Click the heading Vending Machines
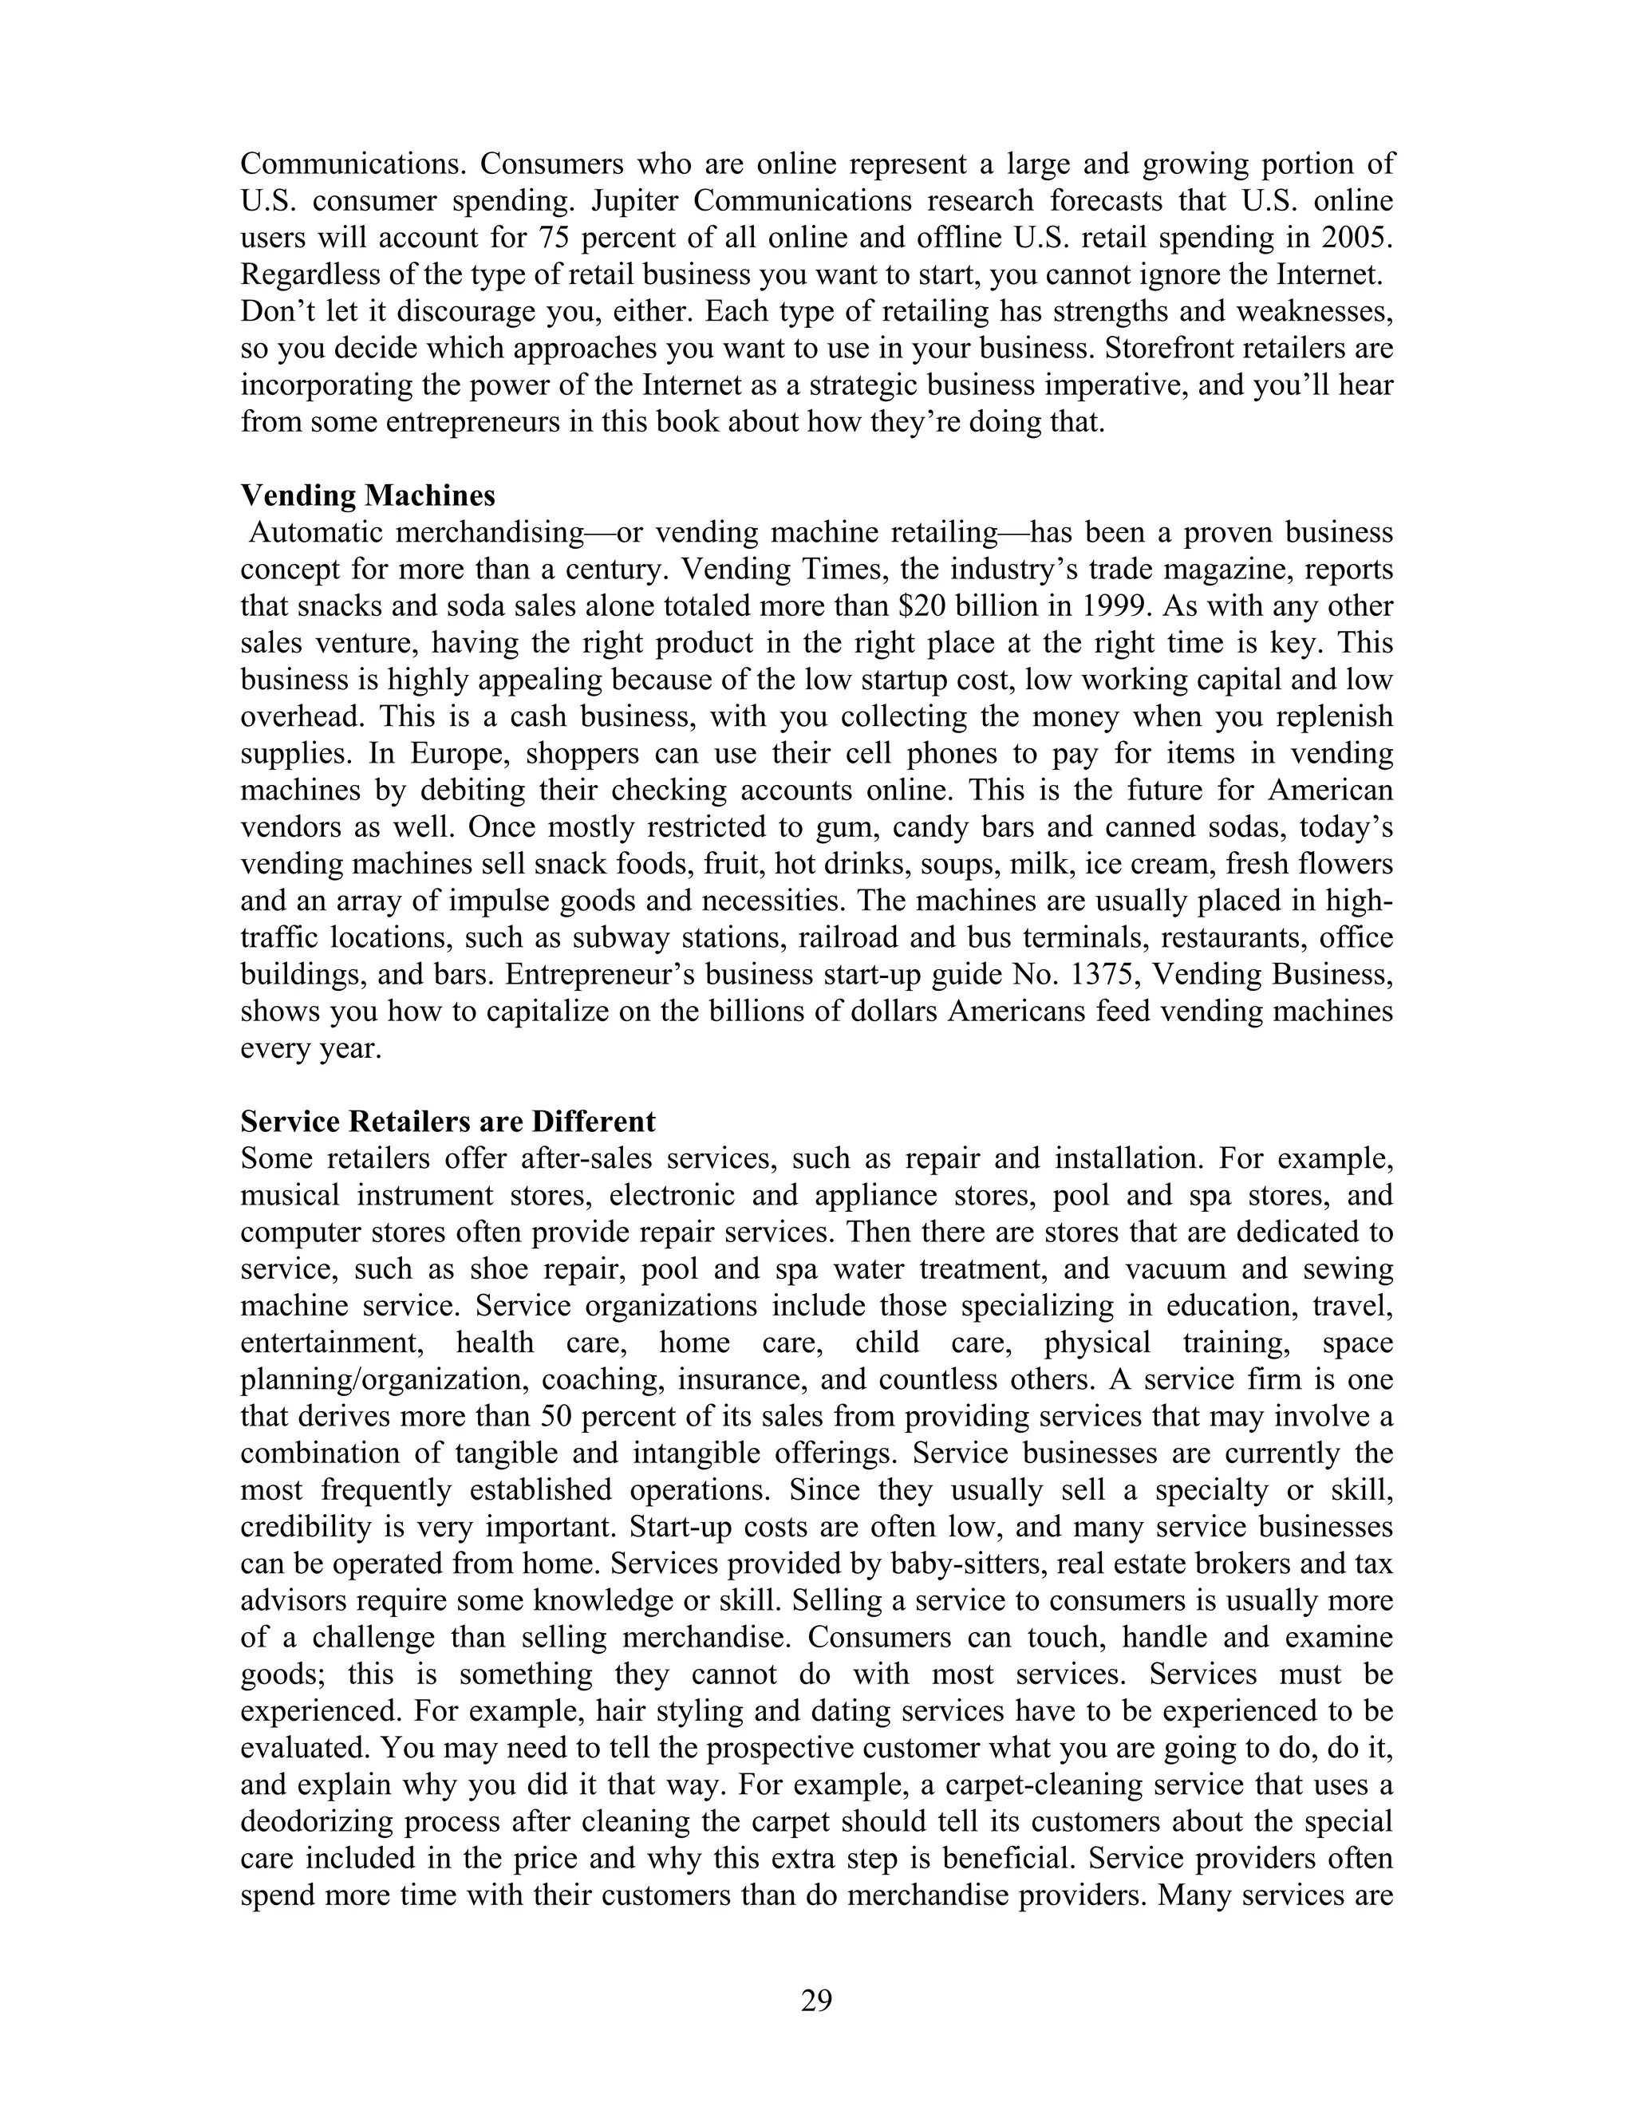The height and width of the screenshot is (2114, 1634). pos(367,495)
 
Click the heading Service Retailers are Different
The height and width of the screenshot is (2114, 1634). pos(448,1122)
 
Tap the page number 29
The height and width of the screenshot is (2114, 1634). pos(816,1999)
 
